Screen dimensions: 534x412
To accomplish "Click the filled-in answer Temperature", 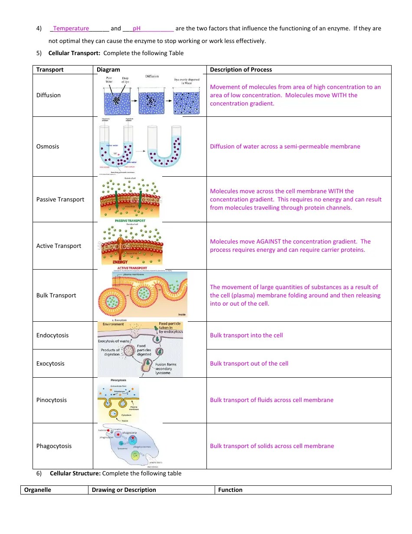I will coord(71,29).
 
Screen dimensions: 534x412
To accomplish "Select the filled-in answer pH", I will coord(137,29).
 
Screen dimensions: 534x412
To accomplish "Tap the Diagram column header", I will coord(108,69).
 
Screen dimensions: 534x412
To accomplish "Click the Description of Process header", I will coord(241,69).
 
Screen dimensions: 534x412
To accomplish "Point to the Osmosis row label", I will coord(48,146).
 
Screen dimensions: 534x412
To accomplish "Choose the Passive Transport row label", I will coord(60,199).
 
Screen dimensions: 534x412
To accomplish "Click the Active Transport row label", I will coord(59,246).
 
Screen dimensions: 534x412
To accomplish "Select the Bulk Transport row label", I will coord(56,295).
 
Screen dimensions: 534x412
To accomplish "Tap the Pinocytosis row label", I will coord(52,400).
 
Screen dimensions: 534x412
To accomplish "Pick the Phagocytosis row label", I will coord(54,446).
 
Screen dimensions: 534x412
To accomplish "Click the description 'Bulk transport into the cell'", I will coord(246,335).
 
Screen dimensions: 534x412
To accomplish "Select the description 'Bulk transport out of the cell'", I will coord(249,363).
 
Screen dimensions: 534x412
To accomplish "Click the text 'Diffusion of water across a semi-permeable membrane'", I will coord(285,146).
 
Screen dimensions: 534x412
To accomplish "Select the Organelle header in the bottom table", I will coord(37,490).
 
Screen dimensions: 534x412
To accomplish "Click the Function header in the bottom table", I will coord(230,490).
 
